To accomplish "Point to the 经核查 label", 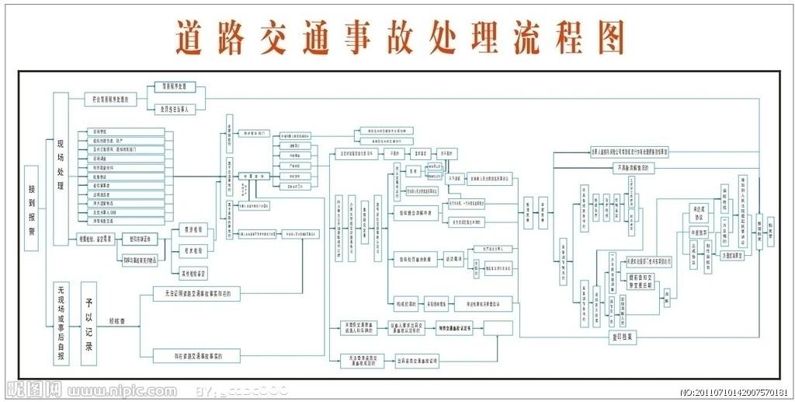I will click(x=118, y=320).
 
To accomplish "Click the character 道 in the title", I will click(x=193, y=36).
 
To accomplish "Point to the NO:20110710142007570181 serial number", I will click(x=734, y=392).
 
